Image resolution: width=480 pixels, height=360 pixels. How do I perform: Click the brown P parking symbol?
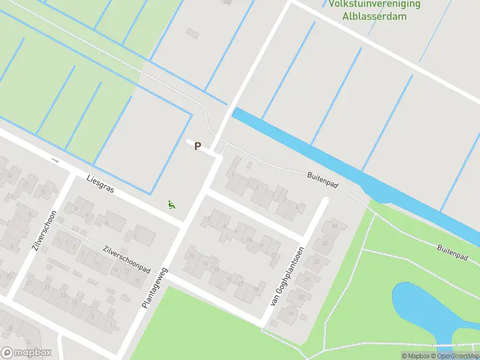coord(197,146)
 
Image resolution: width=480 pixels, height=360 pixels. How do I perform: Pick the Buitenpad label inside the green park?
coord(452,251)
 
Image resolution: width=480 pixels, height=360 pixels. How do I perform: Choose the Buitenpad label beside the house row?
coord(323,179)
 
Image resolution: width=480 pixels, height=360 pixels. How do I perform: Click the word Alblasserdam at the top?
coord(375,16)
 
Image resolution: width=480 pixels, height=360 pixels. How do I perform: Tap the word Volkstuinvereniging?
coord(374,4)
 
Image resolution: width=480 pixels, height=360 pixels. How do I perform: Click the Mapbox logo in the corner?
coord(26,352)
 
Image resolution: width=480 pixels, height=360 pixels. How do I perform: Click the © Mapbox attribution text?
coord(417,356)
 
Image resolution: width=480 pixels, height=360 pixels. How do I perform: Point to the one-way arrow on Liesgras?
coord(55,160)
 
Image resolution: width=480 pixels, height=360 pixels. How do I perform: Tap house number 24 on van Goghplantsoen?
coord(334,226)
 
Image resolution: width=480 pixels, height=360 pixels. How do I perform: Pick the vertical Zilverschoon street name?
coord(45,230)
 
